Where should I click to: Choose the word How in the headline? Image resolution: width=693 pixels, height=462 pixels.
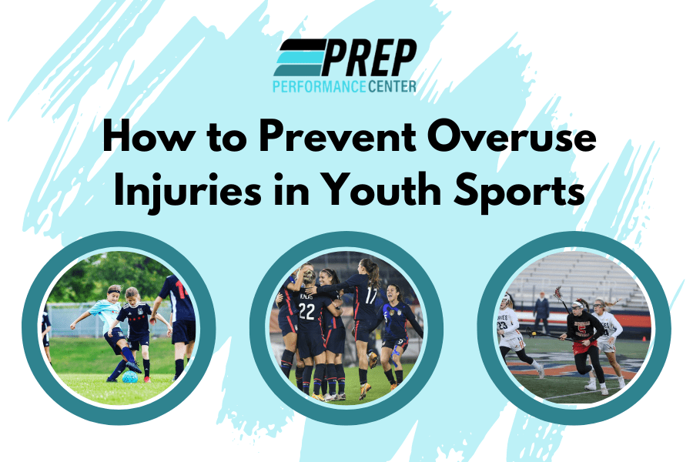coord(146,141)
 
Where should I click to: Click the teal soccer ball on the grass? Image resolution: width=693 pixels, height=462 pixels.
coord(130,377)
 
